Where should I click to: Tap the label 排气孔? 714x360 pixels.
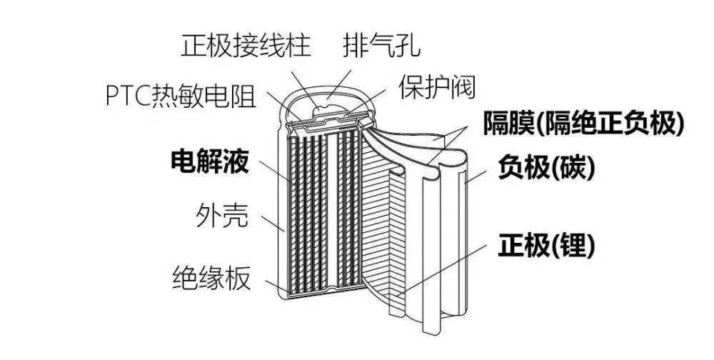[x=381, y=46]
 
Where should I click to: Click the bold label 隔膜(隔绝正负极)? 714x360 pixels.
[x=583, y=123]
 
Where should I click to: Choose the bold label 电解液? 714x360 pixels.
[x=208, y=163]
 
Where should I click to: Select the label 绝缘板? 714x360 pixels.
[x=212, y=278]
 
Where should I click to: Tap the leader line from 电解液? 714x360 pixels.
[x=272, y=175]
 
